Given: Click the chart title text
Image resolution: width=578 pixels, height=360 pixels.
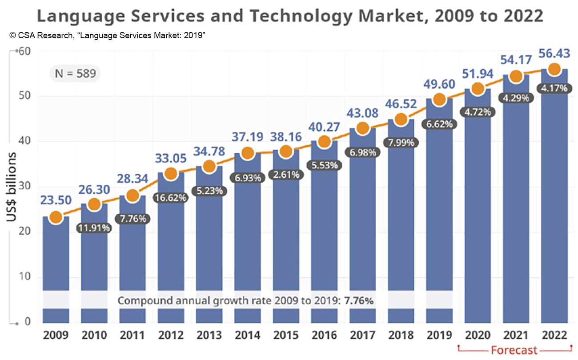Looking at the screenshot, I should [x=290, y=16].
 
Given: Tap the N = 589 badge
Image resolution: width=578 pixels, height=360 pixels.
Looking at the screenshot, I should [x=75, y=73].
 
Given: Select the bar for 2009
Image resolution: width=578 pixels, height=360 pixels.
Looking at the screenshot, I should [x=56, y=267].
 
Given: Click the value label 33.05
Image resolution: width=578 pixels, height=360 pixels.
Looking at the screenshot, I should [x=171, y=158].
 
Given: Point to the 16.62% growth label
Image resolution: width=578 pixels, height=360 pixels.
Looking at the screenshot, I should [x=171, y=198].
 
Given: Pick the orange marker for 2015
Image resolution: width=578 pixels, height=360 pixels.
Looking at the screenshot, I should [x=286, y=152].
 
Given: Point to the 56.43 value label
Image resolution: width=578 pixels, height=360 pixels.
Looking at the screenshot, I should [x=554, y=53].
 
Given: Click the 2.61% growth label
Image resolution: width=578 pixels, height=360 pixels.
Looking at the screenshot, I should [x=286, y=175].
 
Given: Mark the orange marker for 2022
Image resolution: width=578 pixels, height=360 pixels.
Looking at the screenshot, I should [x=554, y=69].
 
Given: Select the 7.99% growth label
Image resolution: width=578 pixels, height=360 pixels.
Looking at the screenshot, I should [x=401, y=143].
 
